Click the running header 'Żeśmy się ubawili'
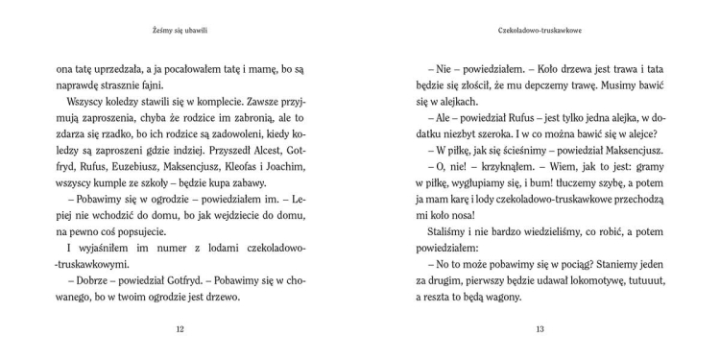[180, 31]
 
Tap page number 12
[180, 329]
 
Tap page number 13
[540, 329]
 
